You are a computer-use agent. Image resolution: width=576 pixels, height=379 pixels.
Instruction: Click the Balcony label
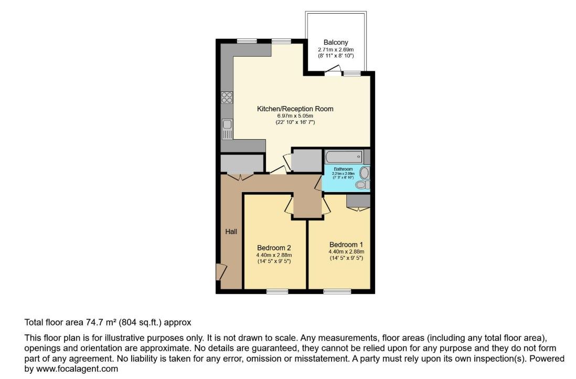[336, 43]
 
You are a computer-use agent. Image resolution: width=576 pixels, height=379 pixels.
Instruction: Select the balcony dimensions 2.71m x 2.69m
[336, 49]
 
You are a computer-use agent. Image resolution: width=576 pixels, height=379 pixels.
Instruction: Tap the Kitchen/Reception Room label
[295, 109]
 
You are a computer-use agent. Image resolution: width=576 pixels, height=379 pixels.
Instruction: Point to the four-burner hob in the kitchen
[227, 97]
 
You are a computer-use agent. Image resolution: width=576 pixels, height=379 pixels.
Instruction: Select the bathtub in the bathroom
[344, 156]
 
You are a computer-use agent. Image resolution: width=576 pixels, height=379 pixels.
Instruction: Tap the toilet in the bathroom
[361, 185]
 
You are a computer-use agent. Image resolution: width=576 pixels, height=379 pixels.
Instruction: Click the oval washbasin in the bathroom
[365, 173]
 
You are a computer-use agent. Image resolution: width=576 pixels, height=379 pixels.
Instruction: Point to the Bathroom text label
[343, 169]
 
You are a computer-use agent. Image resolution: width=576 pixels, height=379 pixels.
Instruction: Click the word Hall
[231, 231]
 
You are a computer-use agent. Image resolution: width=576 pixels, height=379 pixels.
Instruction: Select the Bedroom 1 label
[346, 245]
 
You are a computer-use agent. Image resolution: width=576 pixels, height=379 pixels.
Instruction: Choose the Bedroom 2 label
[274, 248]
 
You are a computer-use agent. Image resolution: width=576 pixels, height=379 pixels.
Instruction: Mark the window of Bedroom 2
[274, 291]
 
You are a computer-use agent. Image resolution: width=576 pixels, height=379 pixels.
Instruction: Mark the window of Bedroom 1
[337, 291]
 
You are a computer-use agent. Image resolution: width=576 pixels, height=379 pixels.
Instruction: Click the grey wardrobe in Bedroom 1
[358, 200]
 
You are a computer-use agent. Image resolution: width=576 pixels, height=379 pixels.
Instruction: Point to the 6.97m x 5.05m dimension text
[295, 115]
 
